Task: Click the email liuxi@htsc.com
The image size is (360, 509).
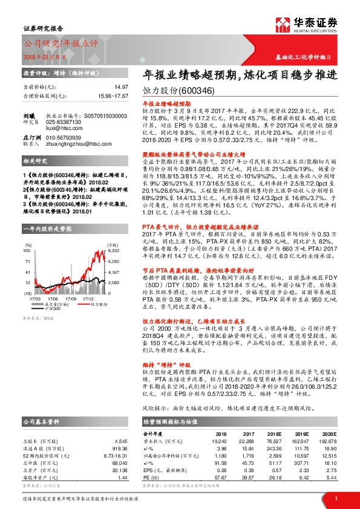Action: tap(62, 128)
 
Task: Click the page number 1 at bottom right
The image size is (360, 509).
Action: tap(336, 498)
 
